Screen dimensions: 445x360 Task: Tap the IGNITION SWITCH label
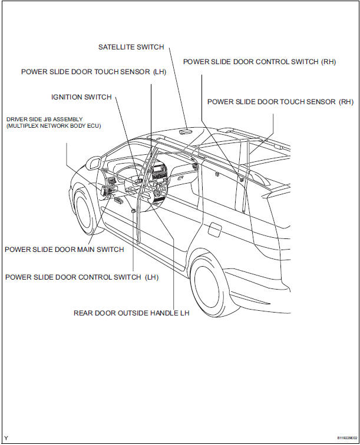[x=81, y=97]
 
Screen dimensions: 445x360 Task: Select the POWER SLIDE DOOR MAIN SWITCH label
[x=64, y=250]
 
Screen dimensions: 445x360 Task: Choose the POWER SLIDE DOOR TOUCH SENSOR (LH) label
[x=94, y=72]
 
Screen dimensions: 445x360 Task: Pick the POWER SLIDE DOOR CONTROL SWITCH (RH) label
[x=259, y=61]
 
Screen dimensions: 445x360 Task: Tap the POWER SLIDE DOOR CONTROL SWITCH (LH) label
[x=81, y=277]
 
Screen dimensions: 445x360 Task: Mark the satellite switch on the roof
[x=186, y=132]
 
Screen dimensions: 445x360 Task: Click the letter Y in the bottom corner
[x=6, y=438]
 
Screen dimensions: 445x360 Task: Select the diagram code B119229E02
[x=344, y=438]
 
